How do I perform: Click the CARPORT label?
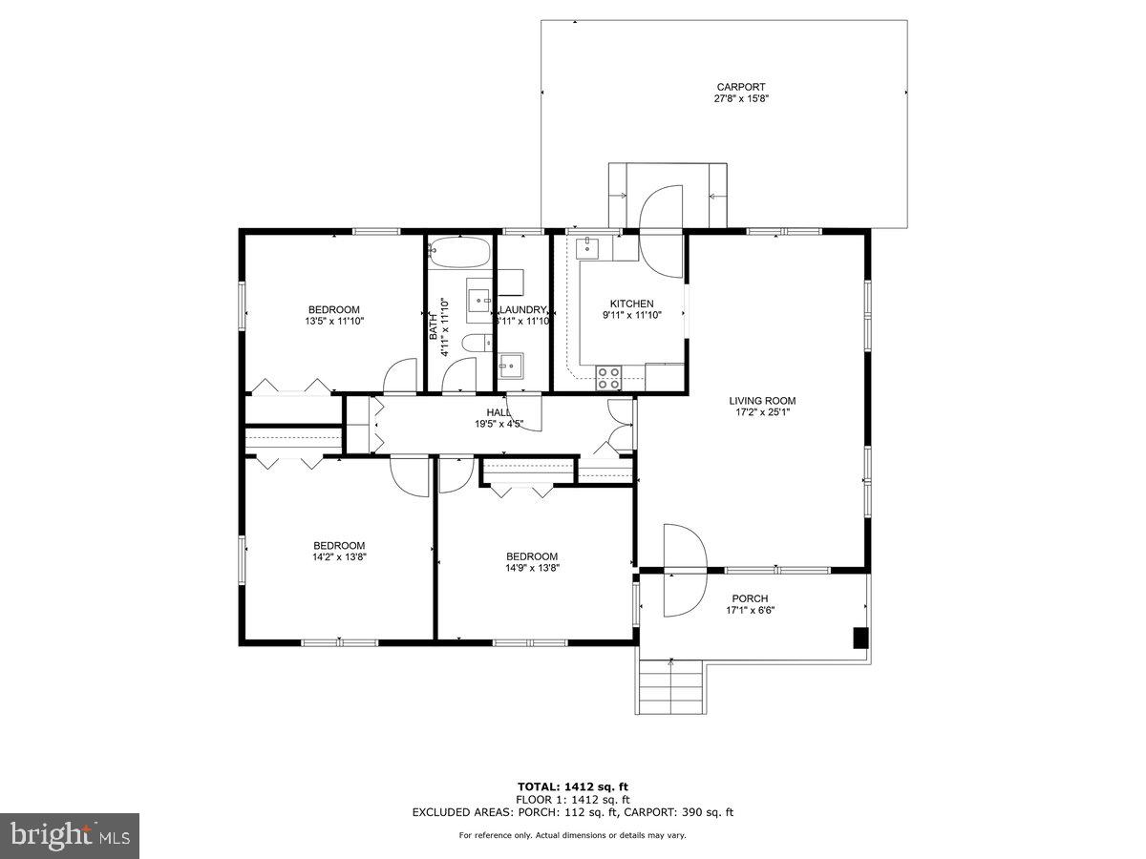pyautogui.click(x=741, y=87)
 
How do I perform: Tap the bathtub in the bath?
pyautogui.click(x=459, y=253)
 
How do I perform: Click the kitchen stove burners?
pyautogui.click(x=609, y=377)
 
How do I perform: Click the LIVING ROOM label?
pyautogui.click(x=762, y=401)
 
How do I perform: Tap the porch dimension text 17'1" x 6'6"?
pyautogui.click(x=751, y=611)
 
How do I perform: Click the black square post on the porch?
pyautogui.click(x=859, y=638)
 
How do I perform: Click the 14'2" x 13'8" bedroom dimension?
pyautogui.click(x=339, y=557)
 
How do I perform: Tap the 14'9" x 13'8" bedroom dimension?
pyautogui.click(x=532, y=568)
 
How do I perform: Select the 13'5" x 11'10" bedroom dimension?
pyautogui.click(x=334, y=321)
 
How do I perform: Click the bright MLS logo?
pyautogui.click(x=70, y=835)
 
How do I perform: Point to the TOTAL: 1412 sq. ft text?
pyautogui.click(x=572, y=786)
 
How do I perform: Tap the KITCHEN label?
pyautogui.click(x=631, y=304)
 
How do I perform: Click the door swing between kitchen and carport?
pyautogui.click(x=661, y=229)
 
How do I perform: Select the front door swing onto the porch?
pyautogui.click(x=683, y=570)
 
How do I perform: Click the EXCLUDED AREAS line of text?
pyautogui.click(x=572, y=812)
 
